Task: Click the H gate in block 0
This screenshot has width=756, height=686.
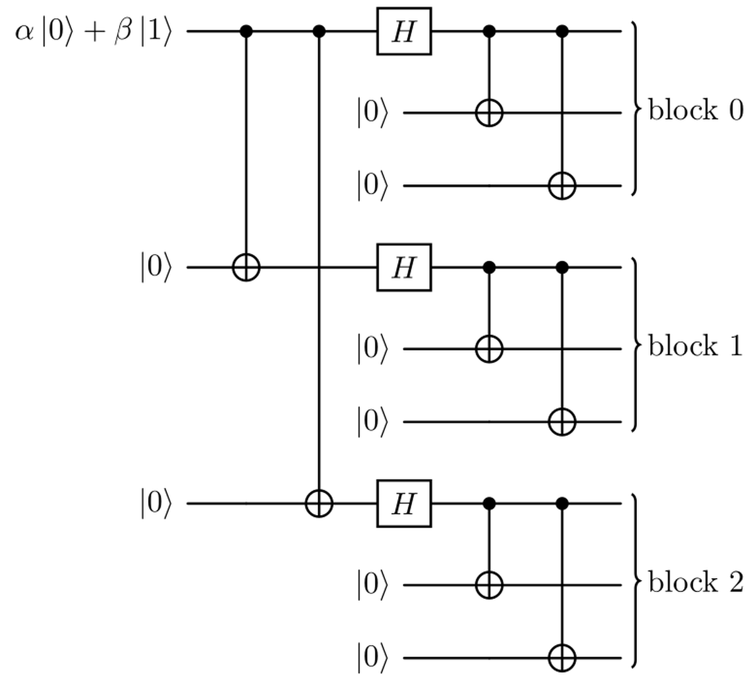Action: point(404,31)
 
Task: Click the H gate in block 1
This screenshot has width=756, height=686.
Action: point(404,267)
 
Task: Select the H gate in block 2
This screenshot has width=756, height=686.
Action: point(404,503)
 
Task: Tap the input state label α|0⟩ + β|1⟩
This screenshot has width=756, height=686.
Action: point(93,32)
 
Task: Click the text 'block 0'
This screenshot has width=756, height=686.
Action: point(696,110)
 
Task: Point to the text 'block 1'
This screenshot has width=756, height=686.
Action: point(696,346)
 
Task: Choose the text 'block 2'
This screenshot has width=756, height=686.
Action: point(696,582)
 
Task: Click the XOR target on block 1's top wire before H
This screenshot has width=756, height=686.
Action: point(246,267)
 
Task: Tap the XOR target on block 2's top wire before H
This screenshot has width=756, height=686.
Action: point(319,503)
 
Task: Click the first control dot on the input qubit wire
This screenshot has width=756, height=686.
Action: point(246,31)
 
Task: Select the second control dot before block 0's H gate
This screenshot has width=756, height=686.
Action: point(319,31)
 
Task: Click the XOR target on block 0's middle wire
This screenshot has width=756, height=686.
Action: point(490,113)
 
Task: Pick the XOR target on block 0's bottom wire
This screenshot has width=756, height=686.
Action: point(562,186)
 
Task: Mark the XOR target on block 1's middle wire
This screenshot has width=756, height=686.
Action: point(490,349)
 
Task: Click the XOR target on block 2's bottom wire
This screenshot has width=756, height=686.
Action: point(562,658)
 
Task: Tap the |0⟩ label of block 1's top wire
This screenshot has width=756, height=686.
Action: point(155,268)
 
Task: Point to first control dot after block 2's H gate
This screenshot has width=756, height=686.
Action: point(490,503)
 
